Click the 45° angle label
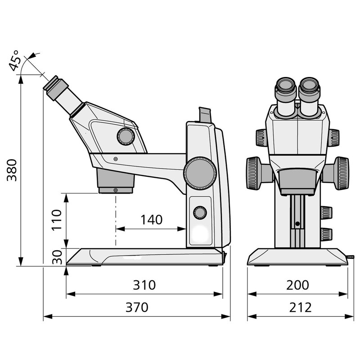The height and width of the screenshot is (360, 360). pyautogui.click(x=15, y=62)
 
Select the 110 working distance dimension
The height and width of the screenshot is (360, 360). pyautogui.click(x=56, y=220)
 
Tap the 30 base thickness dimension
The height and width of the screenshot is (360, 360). pyautogui.click(x=56, y=257)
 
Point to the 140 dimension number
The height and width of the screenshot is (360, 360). pyautogui.click(x=151, y=220)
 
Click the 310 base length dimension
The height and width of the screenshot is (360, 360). pyautogui.click(x=144, y=285)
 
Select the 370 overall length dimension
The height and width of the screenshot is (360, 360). pyautogui.click(x=136, y=308)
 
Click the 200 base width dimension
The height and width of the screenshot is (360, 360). pyautogui.click(x=297, y=285)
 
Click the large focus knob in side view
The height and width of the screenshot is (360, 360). pyautogui.click(x=199, y=172)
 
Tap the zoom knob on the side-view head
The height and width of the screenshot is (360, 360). pyautogui.click(x=126, y=136)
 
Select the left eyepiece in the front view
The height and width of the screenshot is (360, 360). pyautogui.click(x=285, y=92)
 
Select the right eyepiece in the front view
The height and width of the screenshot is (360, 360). pyautogui.click(x=310, y=92)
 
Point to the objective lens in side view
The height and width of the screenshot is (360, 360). pyautogui.click(x=116, y=182)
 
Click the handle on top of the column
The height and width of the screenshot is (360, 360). pyautogui.click(x=204, y=115)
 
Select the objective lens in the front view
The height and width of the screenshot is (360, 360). pyautogui.click(x=297, y=181)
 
